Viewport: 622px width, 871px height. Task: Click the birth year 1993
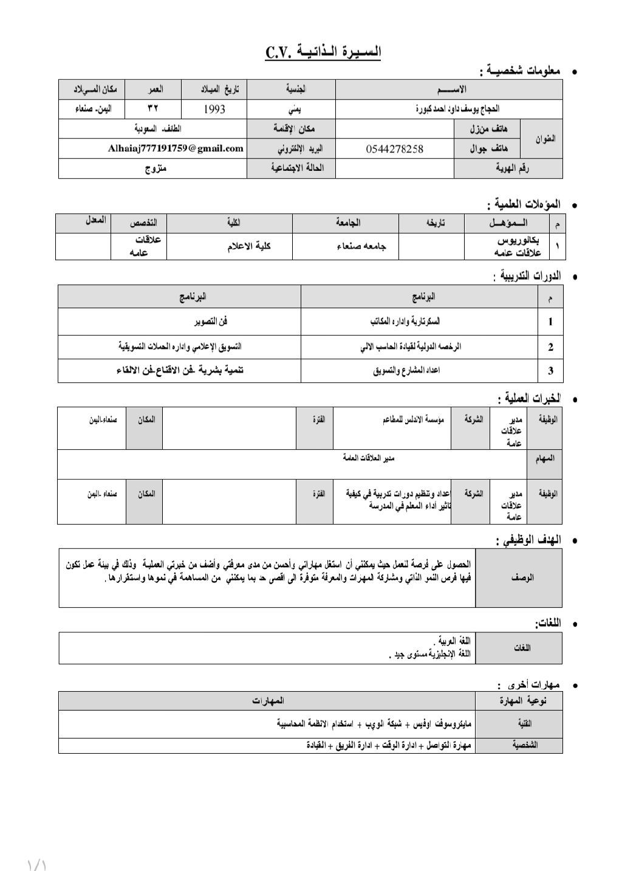tap(214, 109)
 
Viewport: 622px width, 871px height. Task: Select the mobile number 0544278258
tap(395, 149)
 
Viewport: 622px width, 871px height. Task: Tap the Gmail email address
tap(176, 148)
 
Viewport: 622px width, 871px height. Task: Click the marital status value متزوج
tap(155, 169)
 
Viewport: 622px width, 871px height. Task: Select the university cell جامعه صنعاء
tap(361, 246)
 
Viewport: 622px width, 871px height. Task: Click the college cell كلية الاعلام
tap(249, 246)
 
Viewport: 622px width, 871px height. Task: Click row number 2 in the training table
tap(550, 348)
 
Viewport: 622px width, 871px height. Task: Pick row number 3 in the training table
tap(550, 370)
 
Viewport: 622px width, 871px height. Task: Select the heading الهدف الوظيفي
tap(528, 540)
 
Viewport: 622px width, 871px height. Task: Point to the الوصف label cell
tap(522, 577)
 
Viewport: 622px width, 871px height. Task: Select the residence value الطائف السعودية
tap(158, 129)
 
